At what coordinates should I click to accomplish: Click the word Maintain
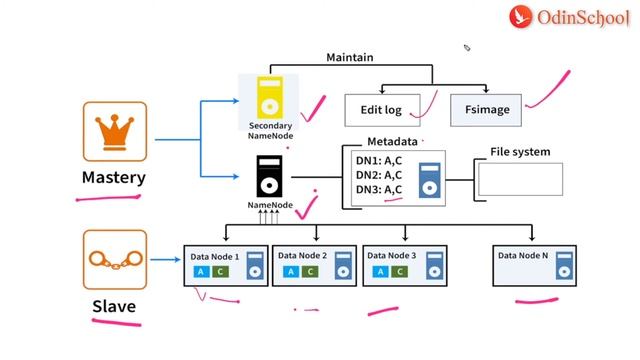click(x=350, y=57)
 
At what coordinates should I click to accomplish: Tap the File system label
click(x=520, y=152)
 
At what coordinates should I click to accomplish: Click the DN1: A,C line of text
click(x=379, y=160)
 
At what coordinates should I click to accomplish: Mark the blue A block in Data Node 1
click(x=200, y=272)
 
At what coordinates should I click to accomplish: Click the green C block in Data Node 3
click(x=400, y=272)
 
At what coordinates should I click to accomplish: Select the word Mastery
click(x=114, y=178)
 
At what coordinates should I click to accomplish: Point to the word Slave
click(x=114, y=306)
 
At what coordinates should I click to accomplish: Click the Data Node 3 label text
click(x=389, y=256)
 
